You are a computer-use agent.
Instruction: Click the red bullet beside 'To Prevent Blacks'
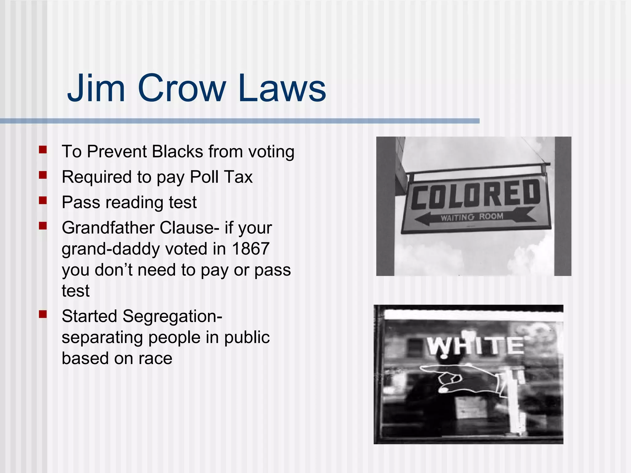point(43,150)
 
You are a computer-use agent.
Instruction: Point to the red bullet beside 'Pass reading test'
point(43,201)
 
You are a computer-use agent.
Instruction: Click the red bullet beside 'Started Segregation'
point(43,314)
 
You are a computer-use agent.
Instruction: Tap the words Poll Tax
point(221,177)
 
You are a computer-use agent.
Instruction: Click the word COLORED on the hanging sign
point(475,194)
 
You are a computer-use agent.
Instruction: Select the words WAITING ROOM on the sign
point(471,217)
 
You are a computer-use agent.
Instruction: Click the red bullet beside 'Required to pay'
point(43,175)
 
